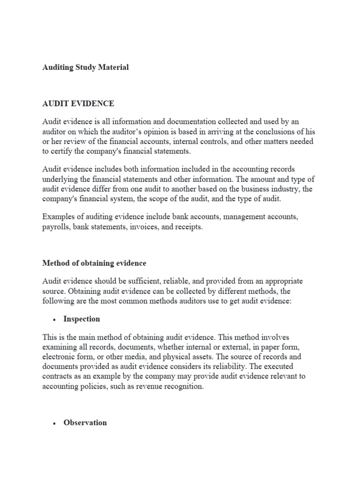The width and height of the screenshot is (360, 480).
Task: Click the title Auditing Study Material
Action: coord(85,67)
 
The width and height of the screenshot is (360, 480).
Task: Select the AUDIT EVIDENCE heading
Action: coord(78,103)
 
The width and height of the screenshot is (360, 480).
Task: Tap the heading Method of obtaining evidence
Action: coord(94,263)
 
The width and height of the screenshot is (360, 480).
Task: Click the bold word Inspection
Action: coord(82,319)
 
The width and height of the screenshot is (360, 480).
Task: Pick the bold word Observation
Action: coord(85,422)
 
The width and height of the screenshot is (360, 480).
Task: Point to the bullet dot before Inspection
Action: coord(55,320)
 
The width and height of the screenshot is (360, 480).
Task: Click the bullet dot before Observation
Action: coord(55,423)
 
